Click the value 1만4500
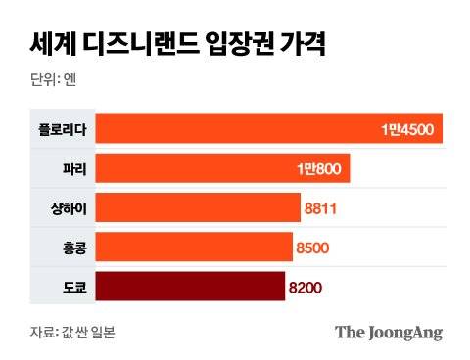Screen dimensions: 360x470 coord(410,129)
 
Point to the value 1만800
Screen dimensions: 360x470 coord(318,168)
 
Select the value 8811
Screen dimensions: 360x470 coord(321,207)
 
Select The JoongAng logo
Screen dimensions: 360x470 coord(389,332)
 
